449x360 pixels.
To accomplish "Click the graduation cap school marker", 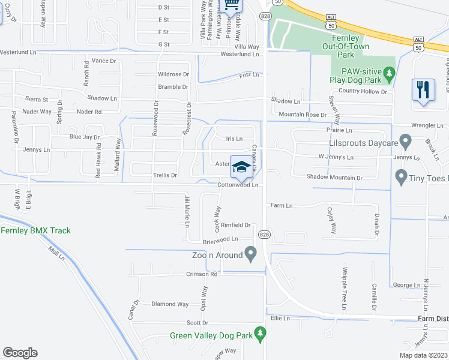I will click(x=241, y=167).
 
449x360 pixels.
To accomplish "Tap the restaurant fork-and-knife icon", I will click(x=423, y=91).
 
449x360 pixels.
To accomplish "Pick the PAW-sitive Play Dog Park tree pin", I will click(x=390, y=74).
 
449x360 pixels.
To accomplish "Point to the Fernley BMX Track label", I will click(x=36, y=230).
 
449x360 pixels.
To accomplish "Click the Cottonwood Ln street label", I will click(x=238, y=185).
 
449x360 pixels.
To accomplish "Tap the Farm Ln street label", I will click(x=281, y=205).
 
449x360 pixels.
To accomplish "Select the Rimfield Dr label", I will click(x=235, y=225).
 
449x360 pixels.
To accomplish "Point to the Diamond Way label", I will click(x=170, y=304).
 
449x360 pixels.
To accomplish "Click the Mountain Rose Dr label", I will click(x=302, y=114).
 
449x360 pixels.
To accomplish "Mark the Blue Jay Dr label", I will click(x=84, y=137).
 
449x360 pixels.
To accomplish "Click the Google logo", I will click(x=20, y=353).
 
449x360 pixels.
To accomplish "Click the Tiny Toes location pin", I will click(x=401, y=178).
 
